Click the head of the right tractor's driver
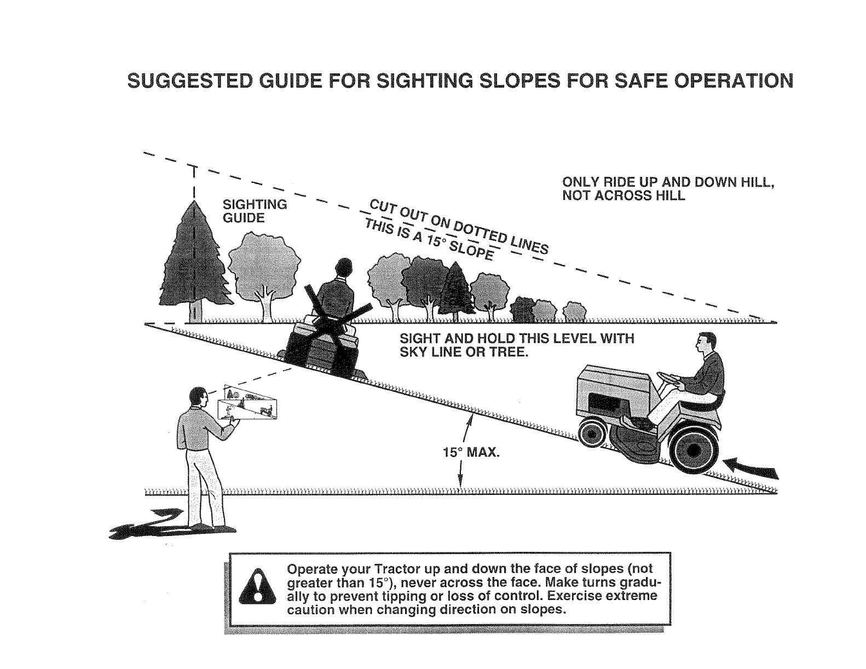[x=705, y=343]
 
